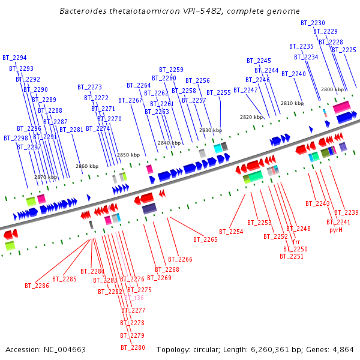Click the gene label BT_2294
14,58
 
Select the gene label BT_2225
344,50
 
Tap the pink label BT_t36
134,298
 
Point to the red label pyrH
336,230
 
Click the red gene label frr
296,242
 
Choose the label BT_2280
133,347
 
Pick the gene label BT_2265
205,239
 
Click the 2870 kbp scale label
46,177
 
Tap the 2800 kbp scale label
332,89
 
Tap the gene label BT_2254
231,232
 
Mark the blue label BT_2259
171,70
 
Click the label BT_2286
37,286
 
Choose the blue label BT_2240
293,74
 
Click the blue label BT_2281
72,130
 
